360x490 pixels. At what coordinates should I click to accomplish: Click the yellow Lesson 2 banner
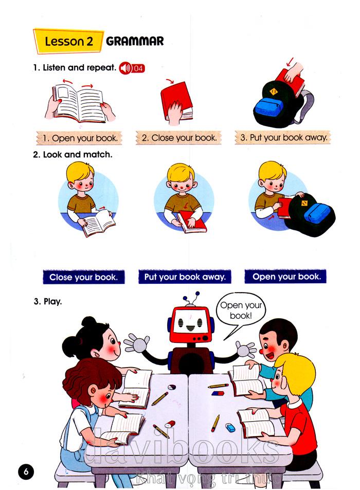68,41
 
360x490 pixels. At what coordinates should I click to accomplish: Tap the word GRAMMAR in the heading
135,41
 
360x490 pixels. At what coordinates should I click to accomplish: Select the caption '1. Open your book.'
79,138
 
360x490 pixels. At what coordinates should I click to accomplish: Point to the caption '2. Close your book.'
179,138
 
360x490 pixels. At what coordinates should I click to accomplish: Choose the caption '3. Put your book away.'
283,137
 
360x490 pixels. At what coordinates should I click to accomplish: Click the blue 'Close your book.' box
84,277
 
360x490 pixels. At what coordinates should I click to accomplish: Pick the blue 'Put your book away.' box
185,277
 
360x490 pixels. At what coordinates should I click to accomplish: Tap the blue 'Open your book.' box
286,277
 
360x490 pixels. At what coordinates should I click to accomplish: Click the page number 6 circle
26,471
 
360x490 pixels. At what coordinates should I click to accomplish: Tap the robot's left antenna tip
185,298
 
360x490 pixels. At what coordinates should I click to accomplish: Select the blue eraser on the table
230,427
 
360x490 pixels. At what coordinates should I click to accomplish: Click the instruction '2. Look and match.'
73,155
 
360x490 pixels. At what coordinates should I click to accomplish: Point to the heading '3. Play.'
48,302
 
